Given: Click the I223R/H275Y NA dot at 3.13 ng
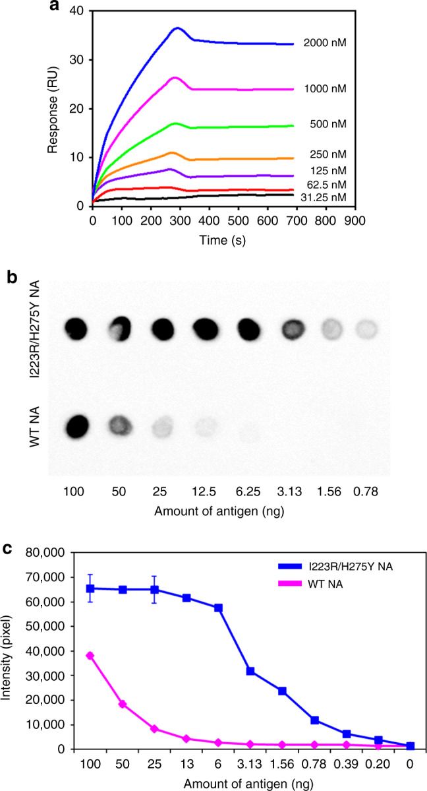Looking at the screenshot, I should pos(297,328).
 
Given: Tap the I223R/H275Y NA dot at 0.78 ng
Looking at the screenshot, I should pos(369,328).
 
